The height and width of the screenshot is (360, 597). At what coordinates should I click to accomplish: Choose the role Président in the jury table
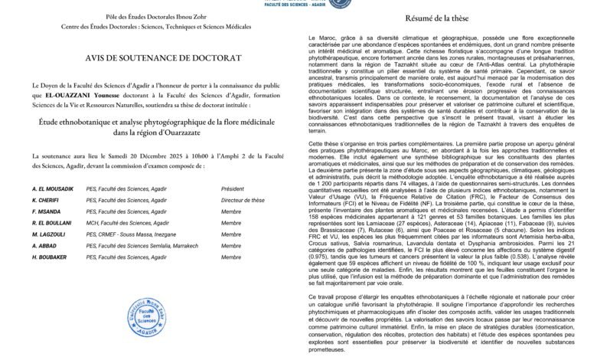(233, 188)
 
